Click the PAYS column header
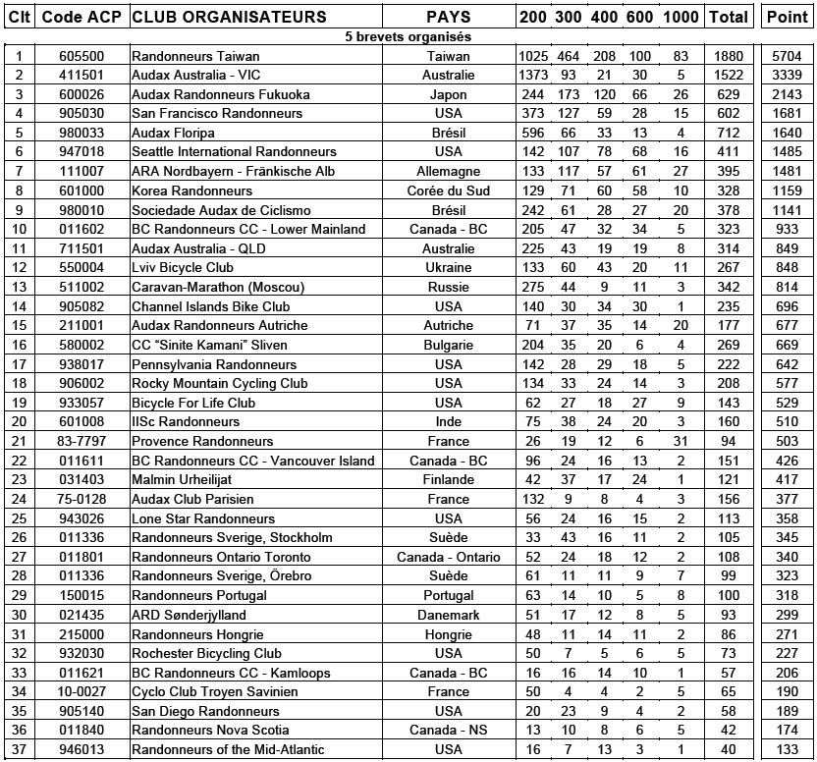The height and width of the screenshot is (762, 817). click(x=448, y=17)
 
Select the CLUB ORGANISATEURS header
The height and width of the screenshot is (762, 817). click(x=229, y=17)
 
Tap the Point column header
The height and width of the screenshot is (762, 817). click(x=788, y=17)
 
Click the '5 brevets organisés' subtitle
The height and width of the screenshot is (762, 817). click(x=408, y=36)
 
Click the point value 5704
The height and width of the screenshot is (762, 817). click(x=788, y=56)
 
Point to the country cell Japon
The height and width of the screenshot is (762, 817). click(x=448, y=94)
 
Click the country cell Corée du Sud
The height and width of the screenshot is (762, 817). click(x=448, y=190)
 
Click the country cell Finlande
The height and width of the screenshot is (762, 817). click(x=448, y=479)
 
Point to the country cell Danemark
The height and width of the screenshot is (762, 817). click(x=448, y=615)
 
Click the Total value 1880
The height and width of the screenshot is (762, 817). click(x=729, y=56)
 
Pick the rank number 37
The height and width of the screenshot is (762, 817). click(x=19, y=750)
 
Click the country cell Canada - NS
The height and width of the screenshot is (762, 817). click(x=448, y=731)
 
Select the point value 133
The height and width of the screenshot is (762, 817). click(x=788, y=750)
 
